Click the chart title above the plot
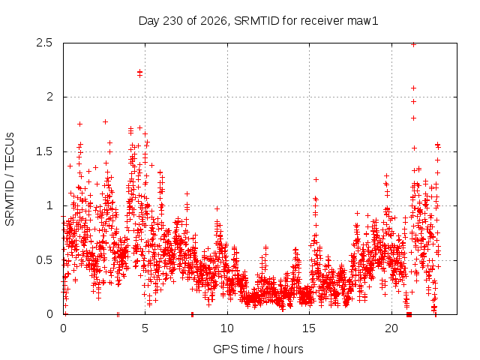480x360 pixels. click(x=258, y=21)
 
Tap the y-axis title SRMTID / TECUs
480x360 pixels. click(x=10, y=179)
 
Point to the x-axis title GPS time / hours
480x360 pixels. click(x=258, y=349)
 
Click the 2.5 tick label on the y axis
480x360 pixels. click(x=44, y=43)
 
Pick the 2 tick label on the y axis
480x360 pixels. click(x=49, y=97)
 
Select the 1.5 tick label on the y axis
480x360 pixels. click(x=44, y=151)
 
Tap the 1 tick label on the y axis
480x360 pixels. click(x=50, y=205)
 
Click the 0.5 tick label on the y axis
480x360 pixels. click(x=44, y=260)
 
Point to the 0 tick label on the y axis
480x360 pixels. click(x=49, y=314)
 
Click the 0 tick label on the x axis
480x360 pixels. click(x=63, y=328)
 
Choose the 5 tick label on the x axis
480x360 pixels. click(x=145, y=328)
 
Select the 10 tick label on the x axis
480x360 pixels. click(x=227, y=328)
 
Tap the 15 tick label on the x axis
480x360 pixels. click(x=309, y=328)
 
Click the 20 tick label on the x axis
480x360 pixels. click(x=391, y=328)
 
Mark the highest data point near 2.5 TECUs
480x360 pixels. click(x=413, y=45)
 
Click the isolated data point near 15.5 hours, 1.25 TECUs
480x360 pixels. click(x=316, y=179)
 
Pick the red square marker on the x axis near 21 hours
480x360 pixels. click(x=409, y=314)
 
